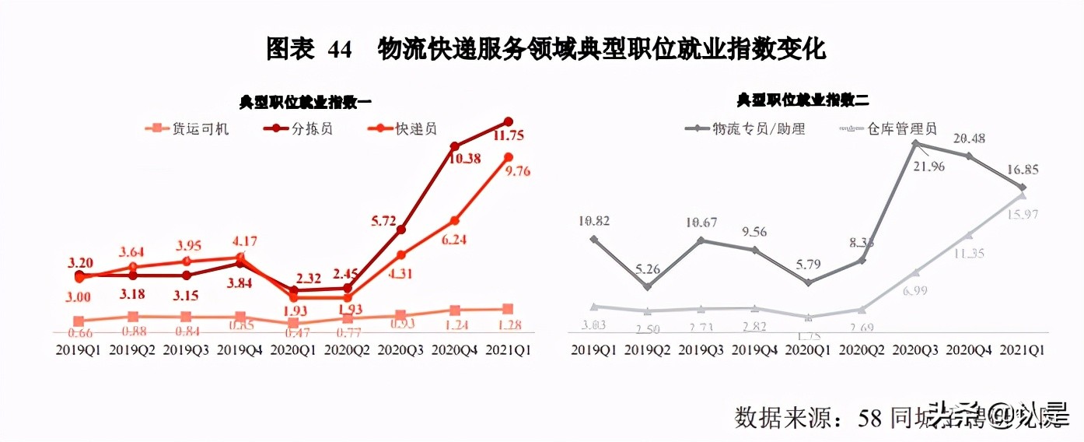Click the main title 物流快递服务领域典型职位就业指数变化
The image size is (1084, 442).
pos(600,50)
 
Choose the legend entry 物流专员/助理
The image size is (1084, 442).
pos(759,128)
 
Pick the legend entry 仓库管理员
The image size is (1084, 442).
pos(901,128)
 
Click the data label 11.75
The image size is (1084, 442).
pos(507,136)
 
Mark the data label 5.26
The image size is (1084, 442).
pos(649,271)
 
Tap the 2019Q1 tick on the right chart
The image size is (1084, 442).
pos(594,349)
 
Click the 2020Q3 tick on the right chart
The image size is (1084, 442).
pos(915,349)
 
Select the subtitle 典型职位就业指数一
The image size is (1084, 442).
pos(306,102)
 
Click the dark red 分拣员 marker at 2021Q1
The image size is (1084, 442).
pos(509,121)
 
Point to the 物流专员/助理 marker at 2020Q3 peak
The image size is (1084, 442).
pos(916,143)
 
